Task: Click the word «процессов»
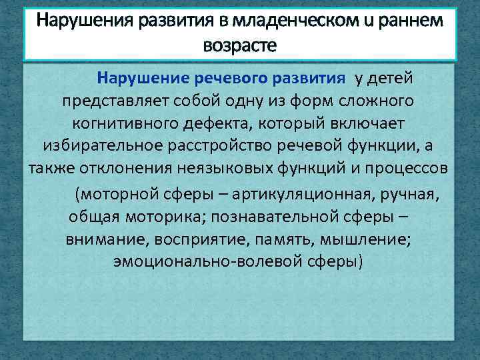click(x=408, y=167)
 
